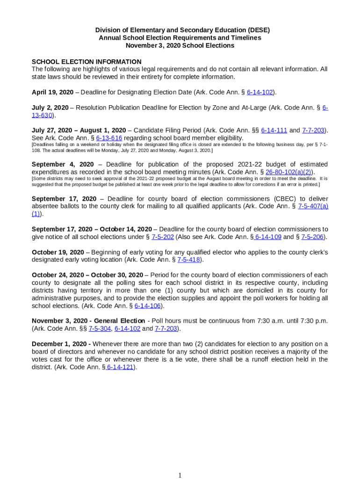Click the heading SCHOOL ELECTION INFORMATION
pos(86,62)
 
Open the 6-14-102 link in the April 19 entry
pos(259,92)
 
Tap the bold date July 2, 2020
pos(50,108)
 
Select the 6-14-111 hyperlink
pos(274,130)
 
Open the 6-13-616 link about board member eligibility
pos(109,138)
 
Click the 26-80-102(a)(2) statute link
pos(288,172)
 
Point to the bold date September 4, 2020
pos(63,164)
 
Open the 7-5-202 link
pos(163,237)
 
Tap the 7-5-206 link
pos(312,237)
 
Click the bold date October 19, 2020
pos(58,252)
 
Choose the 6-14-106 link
pos(148,306)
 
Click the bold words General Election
pos(120,321)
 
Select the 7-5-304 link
pos(99,328)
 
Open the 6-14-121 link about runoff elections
pos(120,367)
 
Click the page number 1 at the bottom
pos(180,475)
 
